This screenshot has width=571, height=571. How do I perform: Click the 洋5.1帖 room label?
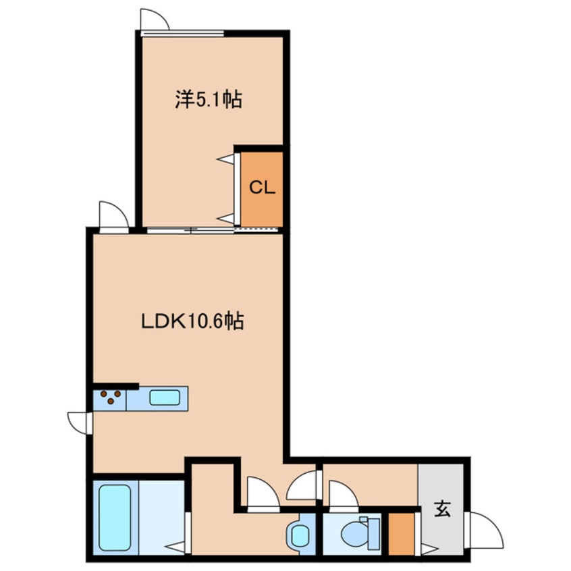coord(209,99)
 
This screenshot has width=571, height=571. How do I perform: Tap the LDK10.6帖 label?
coord(192,321)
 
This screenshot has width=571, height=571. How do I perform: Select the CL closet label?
coord(262,188)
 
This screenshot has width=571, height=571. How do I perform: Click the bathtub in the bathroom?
coord(115,517)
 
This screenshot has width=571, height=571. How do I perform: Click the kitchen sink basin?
coord(165,398)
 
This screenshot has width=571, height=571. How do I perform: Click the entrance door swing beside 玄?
coord(485,530)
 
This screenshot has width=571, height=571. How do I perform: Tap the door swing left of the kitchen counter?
coord(80,423)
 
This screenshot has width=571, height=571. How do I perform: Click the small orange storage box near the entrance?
coord(402,534)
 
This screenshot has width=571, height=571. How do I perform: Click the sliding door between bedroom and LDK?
coord(213,229)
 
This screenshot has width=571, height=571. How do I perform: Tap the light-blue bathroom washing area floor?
coord(161,517)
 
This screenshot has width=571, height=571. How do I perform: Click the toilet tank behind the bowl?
coord(373,534)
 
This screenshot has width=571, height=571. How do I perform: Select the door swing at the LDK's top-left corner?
coord(113,215)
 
